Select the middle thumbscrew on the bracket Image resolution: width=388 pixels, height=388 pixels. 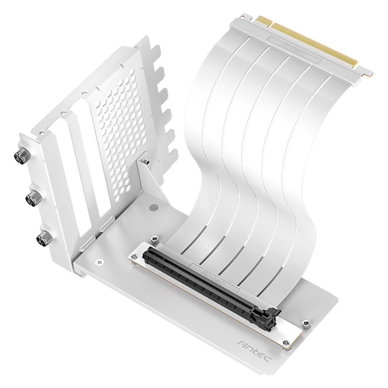pos(33,196)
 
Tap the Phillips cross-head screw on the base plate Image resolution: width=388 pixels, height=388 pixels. pos(100,262)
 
